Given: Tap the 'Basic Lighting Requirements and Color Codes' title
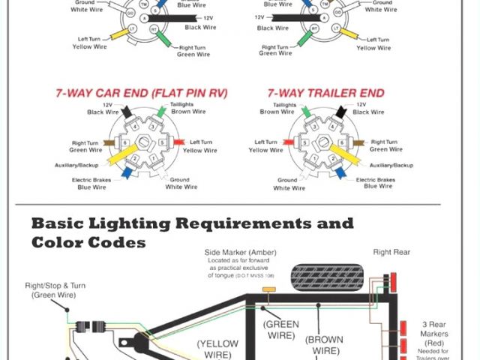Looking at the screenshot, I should [192, 232].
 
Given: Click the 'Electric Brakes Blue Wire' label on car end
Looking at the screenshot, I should [92, 184].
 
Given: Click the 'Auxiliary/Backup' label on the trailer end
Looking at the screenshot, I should [391, 164].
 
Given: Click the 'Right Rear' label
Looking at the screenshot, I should [391, 253].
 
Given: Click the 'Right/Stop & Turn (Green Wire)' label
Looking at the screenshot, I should [49, 290].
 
